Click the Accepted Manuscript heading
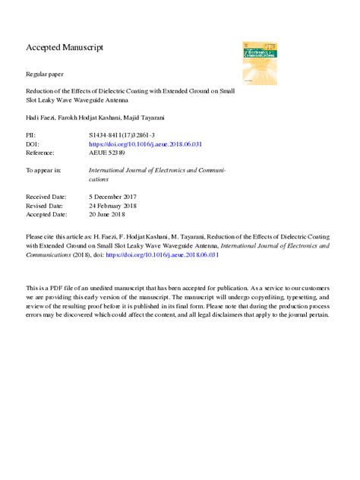click(65, 47)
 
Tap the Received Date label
click(46, 197)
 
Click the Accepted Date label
click(46, 214)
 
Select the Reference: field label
click(41, 152)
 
